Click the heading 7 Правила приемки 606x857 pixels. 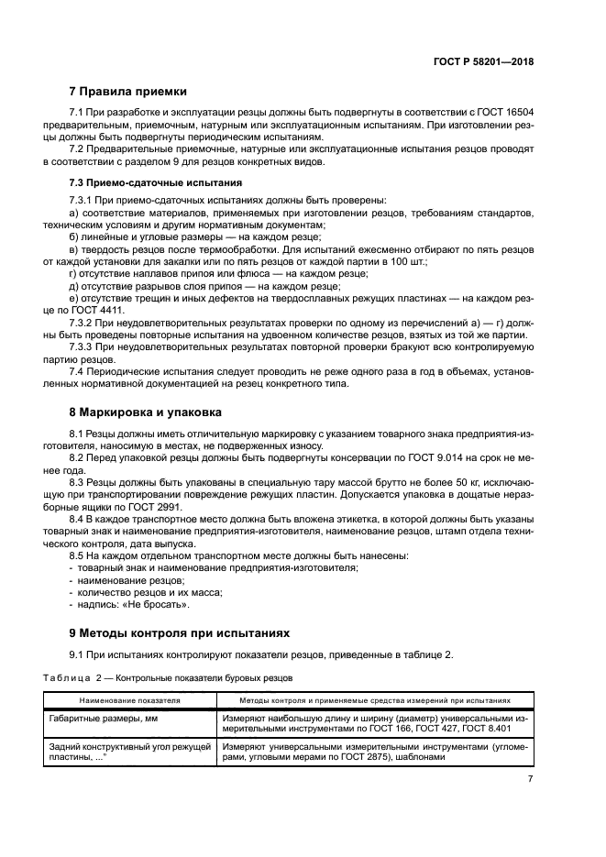click(128, 92)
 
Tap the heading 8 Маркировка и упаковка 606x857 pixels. click(146, 412)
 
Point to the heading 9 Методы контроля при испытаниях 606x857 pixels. click(179, 632)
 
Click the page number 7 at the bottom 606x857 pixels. click(530, 778)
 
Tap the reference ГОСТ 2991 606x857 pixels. click(160, 507)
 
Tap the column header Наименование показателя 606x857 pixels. click(129, 699)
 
